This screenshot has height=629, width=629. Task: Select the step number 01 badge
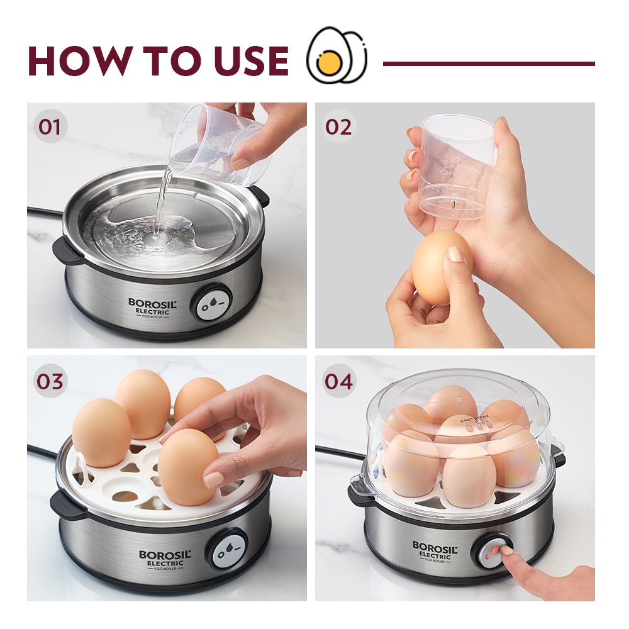[50, 126]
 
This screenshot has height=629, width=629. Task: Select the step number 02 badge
[338, 126]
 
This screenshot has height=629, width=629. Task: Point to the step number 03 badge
[50, 381]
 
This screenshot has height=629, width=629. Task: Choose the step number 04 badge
[338, 381]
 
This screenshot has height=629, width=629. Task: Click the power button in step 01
[211, 303]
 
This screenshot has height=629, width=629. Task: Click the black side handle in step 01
[65, 250]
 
